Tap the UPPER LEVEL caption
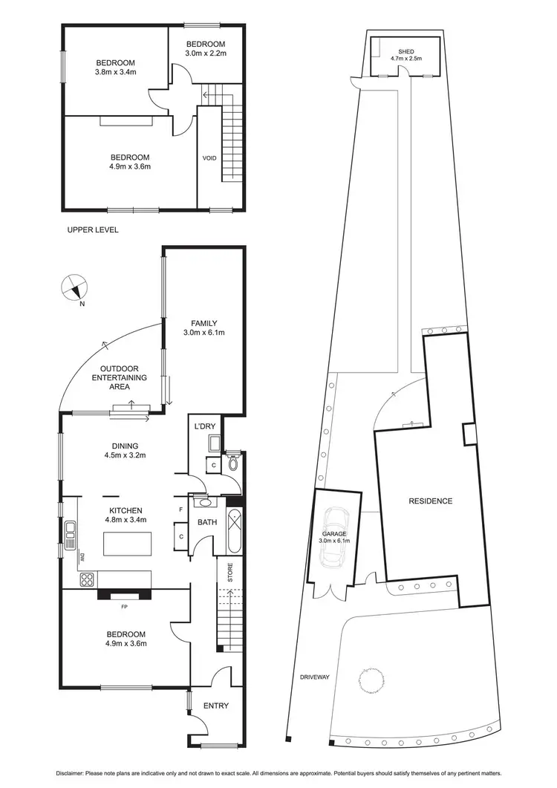(93, 229)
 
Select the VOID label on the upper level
(209, 158)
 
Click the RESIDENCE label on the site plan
(430, 501)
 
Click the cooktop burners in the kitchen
(86, 579)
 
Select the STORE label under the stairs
(229, 573)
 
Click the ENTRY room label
(216, 706)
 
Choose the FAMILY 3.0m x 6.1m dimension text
(204, 333)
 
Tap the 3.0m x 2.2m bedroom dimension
(205, 53)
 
